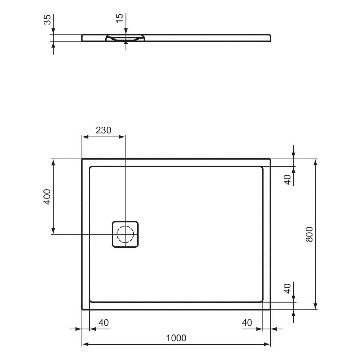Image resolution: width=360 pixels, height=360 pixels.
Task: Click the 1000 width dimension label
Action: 176,338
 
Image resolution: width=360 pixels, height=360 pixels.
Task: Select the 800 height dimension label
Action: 309,234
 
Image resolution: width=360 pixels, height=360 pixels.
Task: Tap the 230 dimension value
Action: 103,130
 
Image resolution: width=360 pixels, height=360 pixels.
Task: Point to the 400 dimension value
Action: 47,197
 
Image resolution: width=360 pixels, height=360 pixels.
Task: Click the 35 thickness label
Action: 47,20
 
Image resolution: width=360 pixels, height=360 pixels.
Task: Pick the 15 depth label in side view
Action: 119,18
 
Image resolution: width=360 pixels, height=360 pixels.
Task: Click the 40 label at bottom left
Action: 103,323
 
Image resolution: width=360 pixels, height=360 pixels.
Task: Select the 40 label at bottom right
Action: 247,323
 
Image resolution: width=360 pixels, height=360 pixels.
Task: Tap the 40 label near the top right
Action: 287,180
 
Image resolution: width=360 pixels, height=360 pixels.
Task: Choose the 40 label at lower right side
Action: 287,289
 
